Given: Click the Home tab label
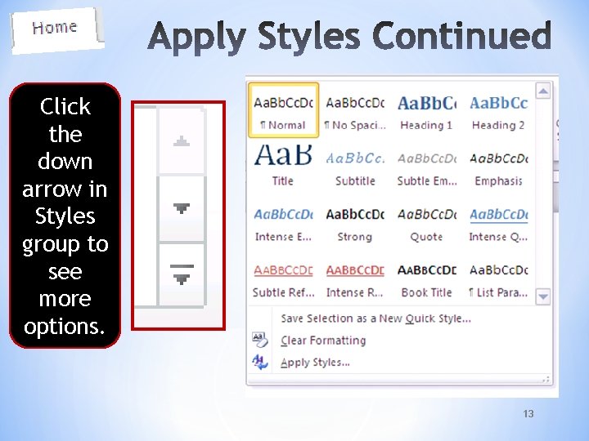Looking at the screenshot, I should [x=55, y=28].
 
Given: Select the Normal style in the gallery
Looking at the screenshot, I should [x=283, y=110].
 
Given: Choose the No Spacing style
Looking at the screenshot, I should [x=354, y=110].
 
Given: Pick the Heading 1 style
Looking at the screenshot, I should [x=426, y=110].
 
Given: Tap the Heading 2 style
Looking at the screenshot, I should [x=498, y=110].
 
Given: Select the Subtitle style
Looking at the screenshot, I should [x=354, y=166].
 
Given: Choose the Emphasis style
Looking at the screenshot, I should [x=498, y=166].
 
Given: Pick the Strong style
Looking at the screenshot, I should [x=354, y=221].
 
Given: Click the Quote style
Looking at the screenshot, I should [x=426, y=221].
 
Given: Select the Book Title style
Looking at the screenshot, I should [x=426, y=277].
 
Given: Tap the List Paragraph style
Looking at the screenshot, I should [x=498, y=277].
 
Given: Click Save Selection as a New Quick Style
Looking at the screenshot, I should [x=375, y=318].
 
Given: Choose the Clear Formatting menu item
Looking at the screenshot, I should [x=322, y=341].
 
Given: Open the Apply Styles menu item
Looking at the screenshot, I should [x=315, y=363].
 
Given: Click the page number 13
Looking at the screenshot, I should [x=528, y=414].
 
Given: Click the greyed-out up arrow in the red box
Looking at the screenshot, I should [x=182, y=142].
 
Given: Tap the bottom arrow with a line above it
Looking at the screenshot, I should [x=182, y=274].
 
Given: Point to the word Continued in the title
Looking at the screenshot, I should [x=461, y=38].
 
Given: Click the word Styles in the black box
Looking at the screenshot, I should [x=65, y=216].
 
